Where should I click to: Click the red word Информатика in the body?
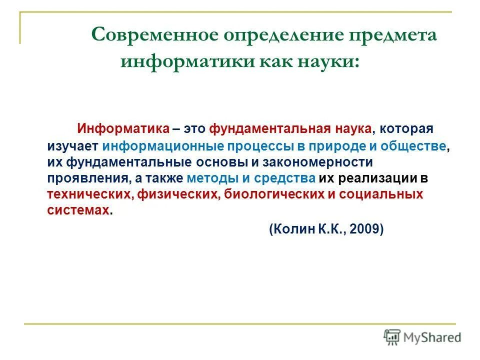click(123, 128)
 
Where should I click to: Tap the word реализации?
click(380, 178)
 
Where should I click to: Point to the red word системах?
click(78, 210)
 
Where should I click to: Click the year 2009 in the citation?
click(365, 229)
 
